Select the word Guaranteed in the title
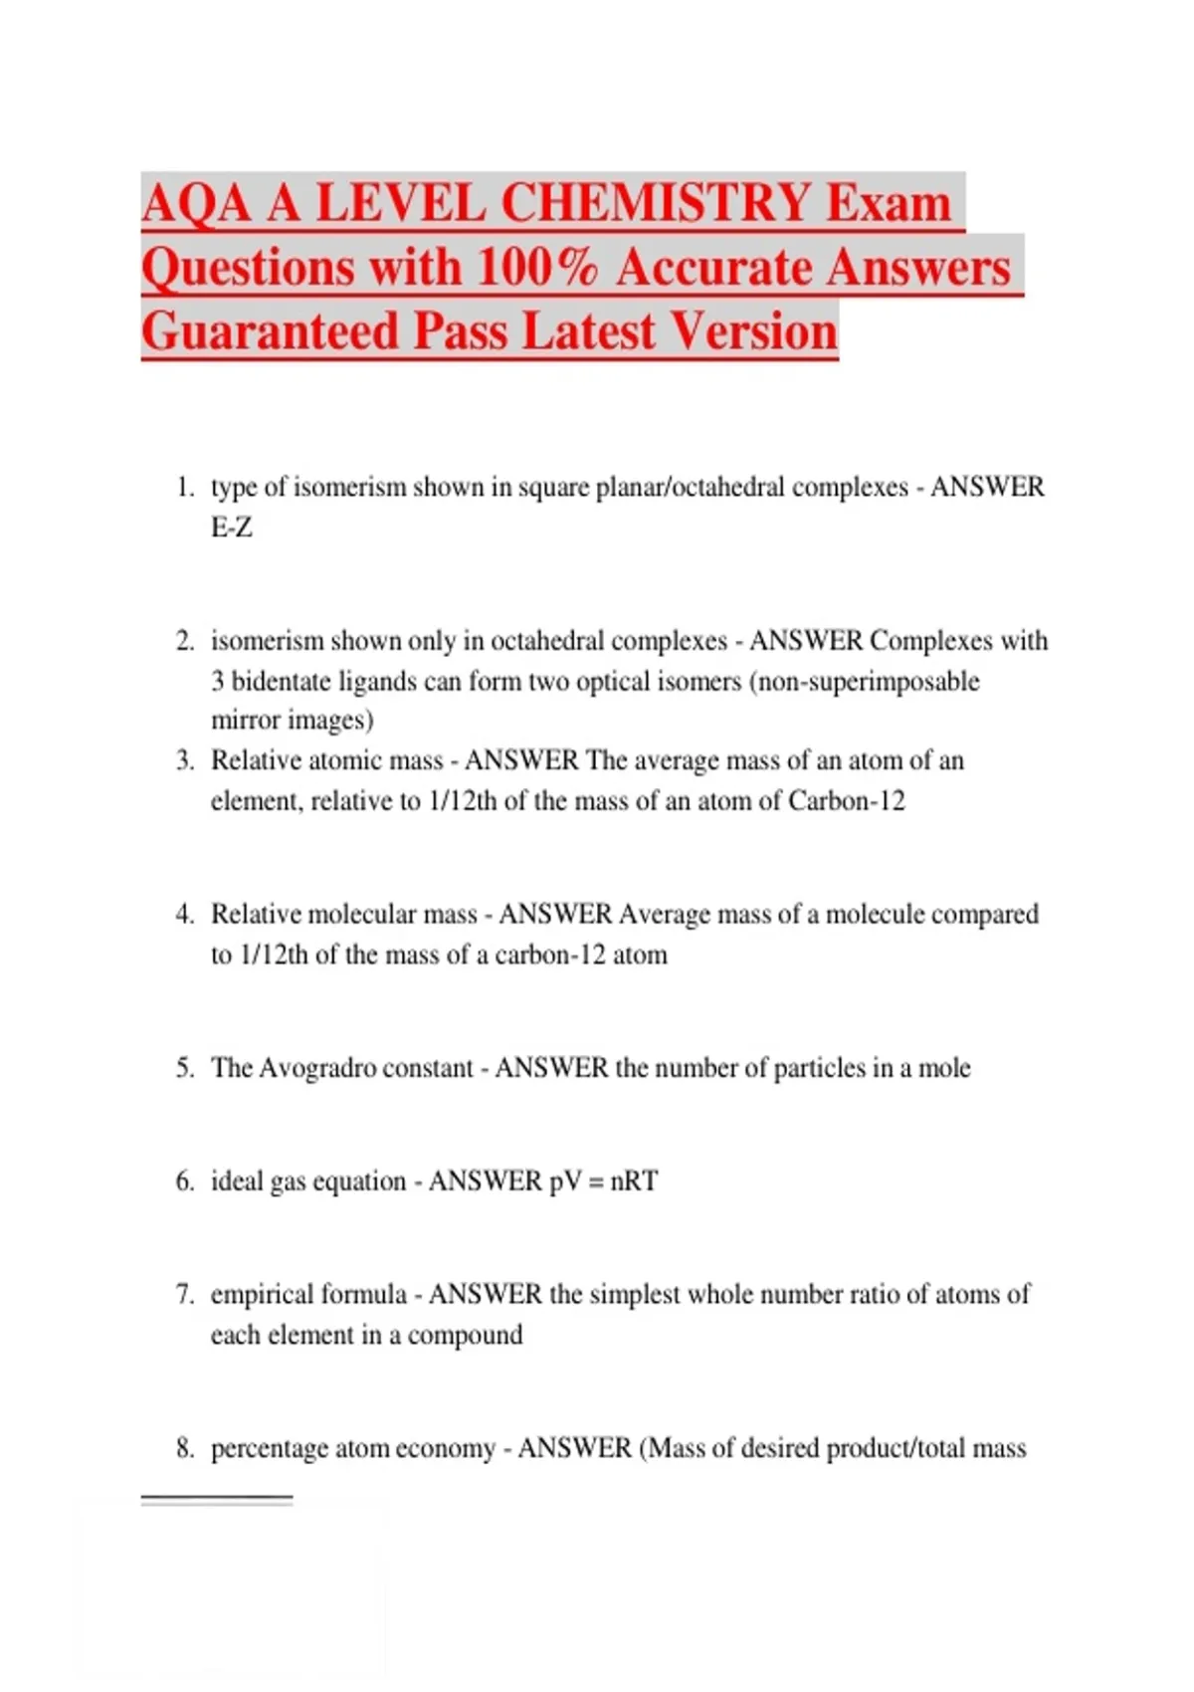[x=269, y=331]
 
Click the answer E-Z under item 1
[x=232, y=528]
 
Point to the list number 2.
[x=185, y=641]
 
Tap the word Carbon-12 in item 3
[x=847, y=801]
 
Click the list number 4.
[x=185, y=915]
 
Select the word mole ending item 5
[x=944, y=1068]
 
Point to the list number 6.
[x=185, y=1181]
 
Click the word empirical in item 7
[x=262, y=1295]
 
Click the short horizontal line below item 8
[x=217, y=1498]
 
